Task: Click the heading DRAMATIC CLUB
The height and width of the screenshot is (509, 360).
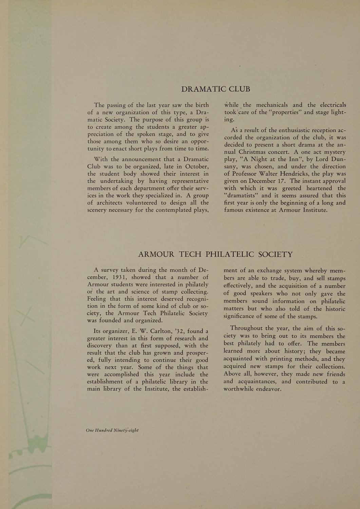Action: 215,89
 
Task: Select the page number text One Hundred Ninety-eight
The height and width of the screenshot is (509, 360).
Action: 112,430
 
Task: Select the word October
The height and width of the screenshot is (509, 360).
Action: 194,167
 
